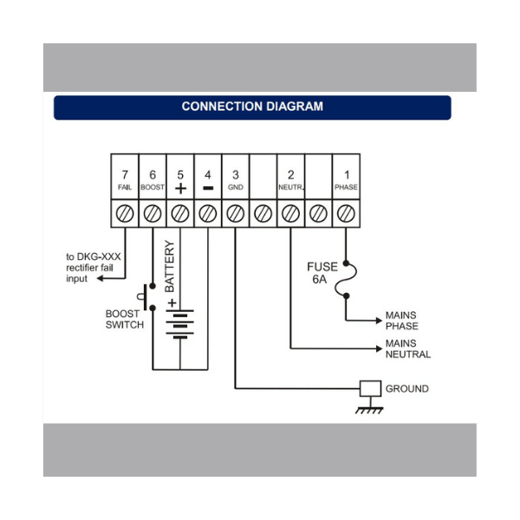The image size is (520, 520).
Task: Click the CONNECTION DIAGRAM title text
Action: coord(252,107)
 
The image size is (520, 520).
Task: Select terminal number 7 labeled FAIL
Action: coord(125,179)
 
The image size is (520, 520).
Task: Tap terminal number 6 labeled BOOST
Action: coord(153,179)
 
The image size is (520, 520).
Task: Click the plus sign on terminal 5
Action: coord(180,187)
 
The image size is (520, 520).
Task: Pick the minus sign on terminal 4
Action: coord(208,187)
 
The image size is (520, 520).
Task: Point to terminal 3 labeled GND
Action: coord(236,179)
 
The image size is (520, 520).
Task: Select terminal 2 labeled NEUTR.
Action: coord(290,179)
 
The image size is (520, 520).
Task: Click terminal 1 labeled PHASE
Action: coord(346,179)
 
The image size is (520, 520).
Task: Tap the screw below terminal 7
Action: coord(125,212)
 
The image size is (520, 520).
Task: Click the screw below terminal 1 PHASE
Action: coord(346,212)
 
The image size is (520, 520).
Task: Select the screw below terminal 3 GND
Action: coord(236,212)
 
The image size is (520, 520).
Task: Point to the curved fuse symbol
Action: coord(347,279)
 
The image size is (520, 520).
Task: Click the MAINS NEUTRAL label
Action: coord(407,348)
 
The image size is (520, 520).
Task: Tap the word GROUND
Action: coord(406,388)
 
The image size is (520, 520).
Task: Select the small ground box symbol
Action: coord(371,388)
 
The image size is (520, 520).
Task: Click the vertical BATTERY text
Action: coord(171,267)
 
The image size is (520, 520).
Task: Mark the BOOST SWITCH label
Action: coord(125,319)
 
